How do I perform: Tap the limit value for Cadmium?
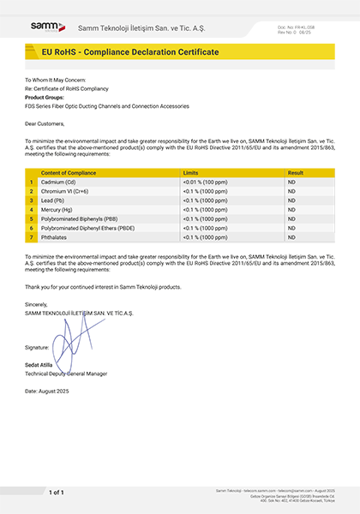click(x=205, y=182)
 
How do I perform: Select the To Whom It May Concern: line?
click(x=55, y=81)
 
